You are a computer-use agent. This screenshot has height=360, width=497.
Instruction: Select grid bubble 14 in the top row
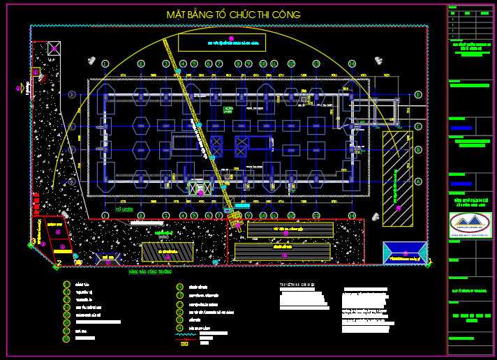(x=352, y=63)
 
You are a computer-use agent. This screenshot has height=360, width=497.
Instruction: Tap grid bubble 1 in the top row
(x=105, y=63)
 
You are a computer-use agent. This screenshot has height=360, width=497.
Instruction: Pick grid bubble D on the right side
(x=418, y=94)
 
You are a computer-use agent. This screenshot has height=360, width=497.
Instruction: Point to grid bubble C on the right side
(x=418, y=126)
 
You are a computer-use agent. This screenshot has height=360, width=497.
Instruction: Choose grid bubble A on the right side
(x=418, y=181)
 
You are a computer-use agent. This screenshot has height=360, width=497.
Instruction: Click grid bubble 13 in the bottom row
(x=316, y=215)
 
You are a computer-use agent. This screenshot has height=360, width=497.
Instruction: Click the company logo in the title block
(x=470, y=224)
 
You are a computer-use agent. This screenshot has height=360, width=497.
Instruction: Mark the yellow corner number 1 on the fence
(x=430, y=262)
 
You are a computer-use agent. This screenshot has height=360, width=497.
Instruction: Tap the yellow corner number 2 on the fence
(x=59, y=263)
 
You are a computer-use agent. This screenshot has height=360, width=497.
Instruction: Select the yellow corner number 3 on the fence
(x=33, y=241)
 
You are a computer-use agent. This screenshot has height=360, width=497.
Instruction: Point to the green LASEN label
(x=126, y=209)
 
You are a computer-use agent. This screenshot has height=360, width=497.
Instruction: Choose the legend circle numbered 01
(x=66, y=285)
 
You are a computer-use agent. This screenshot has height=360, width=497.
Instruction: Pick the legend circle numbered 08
(x=66, y=339)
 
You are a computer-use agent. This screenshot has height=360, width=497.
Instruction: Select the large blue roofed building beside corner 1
(x=404, y=253)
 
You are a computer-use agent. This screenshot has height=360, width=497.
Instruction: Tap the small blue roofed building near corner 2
(x=108, y=258)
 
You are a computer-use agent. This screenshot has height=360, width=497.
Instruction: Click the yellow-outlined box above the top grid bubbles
(x=231, y=42)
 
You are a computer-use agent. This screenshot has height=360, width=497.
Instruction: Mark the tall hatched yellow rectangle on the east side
(x=396, y=178)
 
